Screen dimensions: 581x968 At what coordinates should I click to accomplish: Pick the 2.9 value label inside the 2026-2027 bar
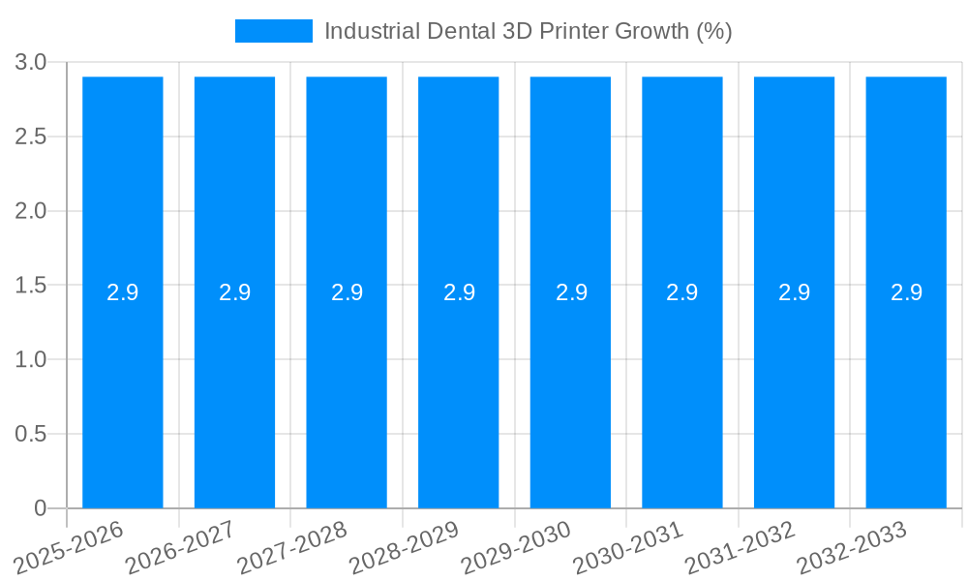click(234, 292)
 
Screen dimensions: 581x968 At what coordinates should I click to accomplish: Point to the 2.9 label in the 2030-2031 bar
click(682, 292)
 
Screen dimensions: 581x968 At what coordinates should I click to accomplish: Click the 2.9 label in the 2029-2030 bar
click(571, 292)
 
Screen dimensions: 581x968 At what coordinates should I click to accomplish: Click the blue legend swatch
click(274, 31)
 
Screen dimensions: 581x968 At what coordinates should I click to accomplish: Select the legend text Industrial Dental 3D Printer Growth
click(528, 31)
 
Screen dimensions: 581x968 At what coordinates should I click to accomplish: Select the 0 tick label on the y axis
click(41, 508)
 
